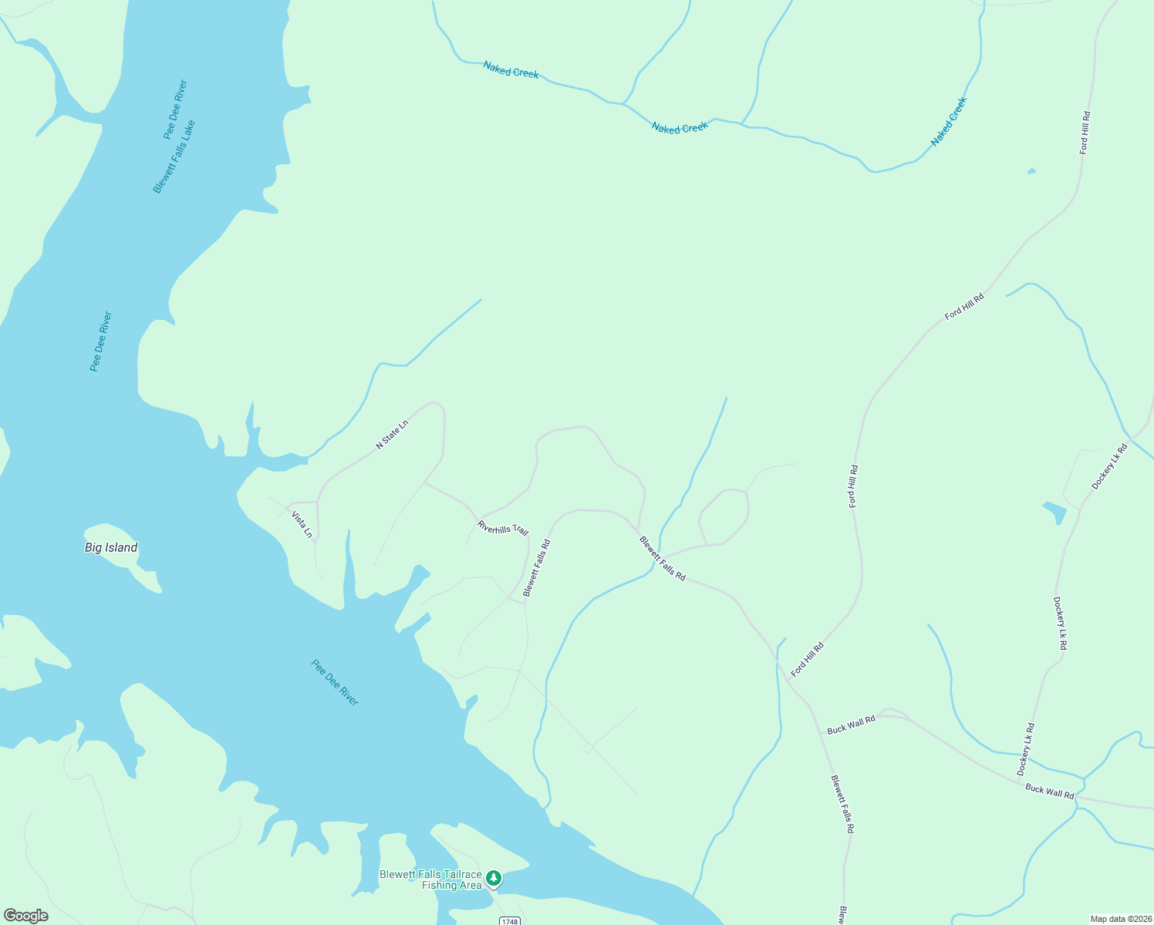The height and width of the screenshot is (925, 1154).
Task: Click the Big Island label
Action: [111, 548]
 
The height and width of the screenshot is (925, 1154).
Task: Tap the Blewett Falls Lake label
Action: [174, 156]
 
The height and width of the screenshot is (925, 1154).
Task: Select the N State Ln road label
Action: [391, 434]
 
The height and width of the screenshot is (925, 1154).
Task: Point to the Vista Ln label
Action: [302, 524]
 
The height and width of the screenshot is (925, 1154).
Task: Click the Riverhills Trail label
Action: [503, 528]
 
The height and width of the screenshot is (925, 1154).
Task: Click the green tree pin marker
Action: [494, 878]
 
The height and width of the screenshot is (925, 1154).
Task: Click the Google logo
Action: [26, 916]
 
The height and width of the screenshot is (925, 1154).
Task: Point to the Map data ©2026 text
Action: [1120, 919]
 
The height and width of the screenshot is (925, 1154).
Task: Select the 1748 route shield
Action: [509, 921]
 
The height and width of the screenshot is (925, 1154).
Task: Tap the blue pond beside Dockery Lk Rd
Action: [1054, 513]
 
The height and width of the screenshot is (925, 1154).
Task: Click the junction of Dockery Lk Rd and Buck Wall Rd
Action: [1020, 782]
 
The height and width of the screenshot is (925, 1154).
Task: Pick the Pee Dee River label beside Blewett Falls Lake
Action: [176, 109]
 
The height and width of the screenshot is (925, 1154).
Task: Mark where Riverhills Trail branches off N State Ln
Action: [425, 483]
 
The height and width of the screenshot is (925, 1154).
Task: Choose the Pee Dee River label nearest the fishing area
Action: [335, 682]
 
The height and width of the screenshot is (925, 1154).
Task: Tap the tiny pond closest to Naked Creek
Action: [1031, 171]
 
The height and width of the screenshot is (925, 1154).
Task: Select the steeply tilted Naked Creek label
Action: [948, 122]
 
